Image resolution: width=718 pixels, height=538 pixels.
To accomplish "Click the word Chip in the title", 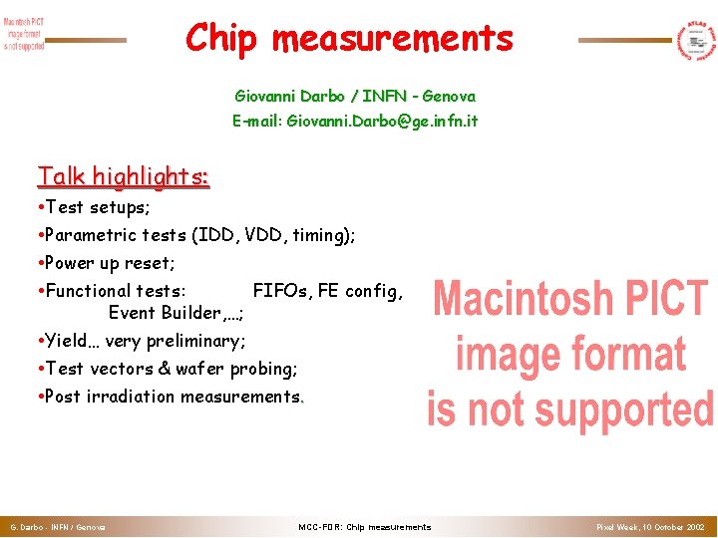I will point(221,39).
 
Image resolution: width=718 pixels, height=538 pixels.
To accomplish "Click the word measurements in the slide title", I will point(392,39).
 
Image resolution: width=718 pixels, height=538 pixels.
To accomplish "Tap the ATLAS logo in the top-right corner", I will point(696,40).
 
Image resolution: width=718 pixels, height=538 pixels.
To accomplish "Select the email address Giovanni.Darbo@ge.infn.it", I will point(355,121).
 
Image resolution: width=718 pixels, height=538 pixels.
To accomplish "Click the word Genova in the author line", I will point(449,97).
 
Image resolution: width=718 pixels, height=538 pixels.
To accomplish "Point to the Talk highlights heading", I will point(123,176).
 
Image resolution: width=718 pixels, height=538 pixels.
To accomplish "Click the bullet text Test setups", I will point(97,207).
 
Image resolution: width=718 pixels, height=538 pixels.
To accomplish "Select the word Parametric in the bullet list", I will point(101,235).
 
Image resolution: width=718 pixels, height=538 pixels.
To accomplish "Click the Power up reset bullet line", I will point(110,263).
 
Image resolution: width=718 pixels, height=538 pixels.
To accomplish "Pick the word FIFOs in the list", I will point(280,291).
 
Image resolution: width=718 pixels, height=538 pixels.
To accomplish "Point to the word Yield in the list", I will point(67,341).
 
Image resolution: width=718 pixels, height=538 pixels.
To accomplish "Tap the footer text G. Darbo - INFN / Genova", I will point(58,526).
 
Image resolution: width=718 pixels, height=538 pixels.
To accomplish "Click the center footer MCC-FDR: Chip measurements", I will point(365,526).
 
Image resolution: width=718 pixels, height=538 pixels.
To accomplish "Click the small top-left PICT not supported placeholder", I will point(24,34).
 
